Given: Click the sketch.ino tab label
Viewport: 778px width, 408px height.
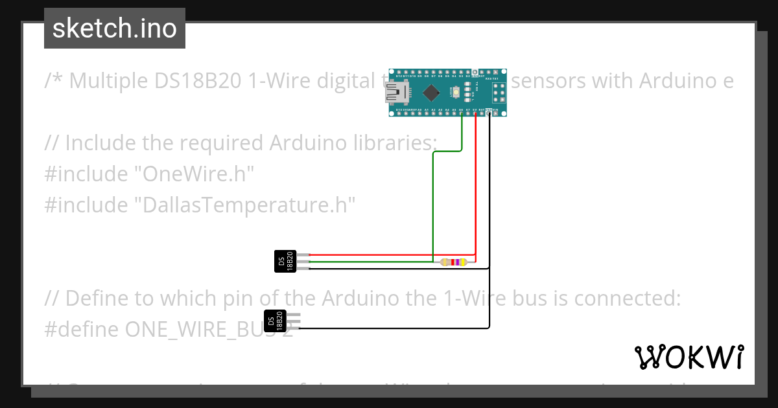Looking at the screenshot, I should point(114,28).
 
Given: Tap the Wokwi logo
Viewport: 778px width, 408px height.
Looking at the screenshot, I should point(689,357).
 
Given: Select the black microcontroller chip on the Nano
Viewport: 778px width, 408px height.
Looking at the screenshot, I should point(430,93).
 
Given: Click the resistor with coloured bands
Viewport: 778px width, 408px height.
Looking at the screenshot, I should point(453,262).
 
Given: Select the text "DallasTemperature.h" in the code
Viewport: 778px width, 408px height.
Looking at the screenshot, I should point(245,205).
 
